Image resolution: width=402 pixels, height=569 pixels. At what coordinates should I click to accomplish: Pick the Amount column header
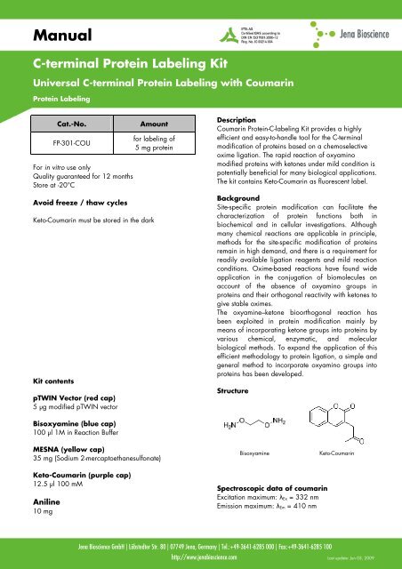pyautogui.click(x=149, y=128)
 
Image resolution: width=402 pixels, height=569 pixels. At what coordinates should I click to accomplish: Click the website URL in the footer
pyautogui.click(x=200, y=558)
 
